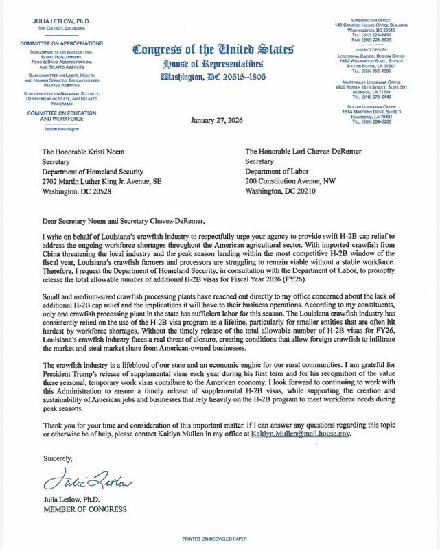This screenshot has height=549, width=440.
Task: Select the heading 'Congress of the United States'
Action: coord(213,50)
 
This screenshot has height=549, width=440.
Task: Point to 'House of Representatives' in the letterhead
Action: coord(213,64)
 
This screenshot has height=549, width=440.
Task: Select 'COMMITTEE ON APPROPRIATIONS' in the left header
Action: coord(62,43)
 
